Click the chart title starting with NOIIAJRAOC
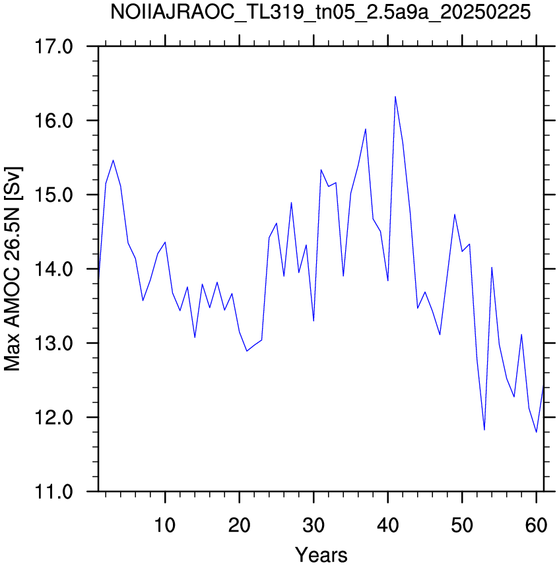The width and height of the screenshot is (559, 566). (320, 13)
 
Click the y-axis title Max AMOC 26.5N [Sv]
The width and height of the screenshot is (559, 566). (13, 269)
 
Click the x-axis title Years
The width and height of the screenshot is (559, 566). (321, 554)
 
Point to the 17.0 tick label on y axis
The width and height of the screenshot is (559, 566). (53, 47)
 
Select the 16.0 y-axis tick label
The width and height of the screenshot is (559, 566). (53, 121)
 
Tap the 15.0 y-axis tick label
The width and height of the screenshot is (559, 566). (53, 195)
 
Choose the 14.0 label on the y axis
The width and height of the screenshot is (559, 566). (53, 269)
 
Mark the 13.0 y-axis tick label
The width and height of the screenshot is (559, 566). (53, 343)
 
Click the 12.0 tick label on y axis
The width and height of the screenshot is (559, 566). (53, 418)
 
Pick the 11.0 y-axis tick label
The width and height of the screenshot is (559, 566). (53, 491)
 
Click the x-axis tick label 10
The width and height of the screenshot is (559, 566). (165, 525)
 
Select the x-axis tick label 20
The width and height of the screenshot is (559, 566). (239, 525)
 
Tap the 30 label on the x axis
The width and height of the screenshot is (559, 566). (313, 525)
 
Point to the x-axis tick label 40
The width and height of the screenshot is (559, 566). (388, 525)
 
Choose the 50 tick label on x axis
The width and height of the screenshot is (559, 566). (462, 525)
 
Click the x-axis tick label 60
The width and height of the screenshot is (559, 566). (537, 525)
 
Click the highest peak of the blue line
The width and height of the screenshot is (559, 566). (395, 96)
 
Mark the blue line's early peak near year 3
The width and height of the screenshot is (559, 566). (113, 160)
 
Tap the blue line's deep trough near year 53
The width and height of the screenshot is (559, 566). (484, 430)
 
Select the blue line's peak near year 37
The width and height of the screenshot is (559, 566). (366, 129)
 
